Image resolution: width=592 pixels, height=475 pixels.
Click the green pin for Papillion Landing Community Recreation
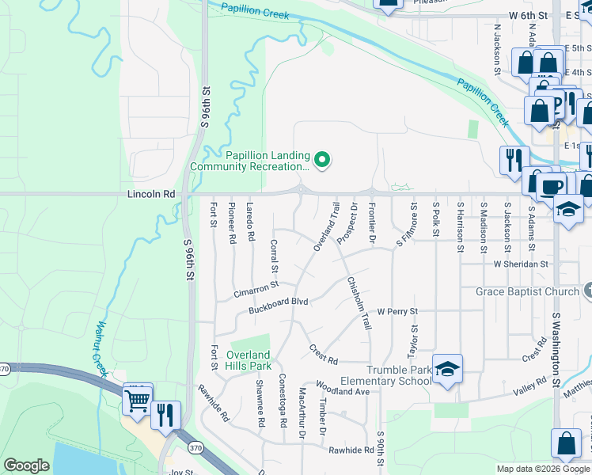click(x=321, y=161)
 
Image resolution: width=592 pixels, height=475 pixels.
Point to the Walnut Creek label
click(x=101, y=348)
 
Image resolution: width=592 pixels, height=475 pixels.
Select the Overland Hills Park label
click(x=249, y=360)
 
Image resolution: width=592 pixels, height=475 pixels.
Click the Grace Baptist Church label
click(x=528, y=292)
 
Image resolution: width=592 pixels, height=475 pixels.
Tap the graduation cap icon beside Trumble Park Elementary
click(x=447, y=369)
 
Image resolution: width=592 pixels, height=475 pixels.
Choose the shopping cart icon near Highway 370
click(x=138, y=402)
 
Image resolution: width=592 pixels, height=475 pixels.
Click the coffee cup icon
click(x=552, y=188)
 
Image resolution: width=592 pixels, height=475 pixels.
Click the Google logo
click(x=26, y=465)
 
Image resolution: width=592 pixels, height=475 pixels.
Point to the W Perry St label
click(x=397, y=312)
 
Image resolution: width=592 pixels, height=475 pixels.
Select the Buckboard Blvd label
click(x=278, y=302)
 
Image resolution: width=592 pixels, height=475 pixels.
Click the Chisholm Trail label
click(x=359, y=303)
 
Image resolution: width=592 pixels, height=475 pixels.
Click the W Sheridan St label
click(x=521, y=264)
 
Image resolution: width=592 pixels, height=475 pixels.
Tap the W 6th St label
click(x=529, y=15)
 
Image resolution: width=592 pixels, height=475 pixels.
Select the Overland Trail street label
click(x=326, y=228)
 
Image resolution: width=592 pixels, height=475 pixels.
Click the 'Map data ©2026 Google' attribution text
click(x=543, y=469)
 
